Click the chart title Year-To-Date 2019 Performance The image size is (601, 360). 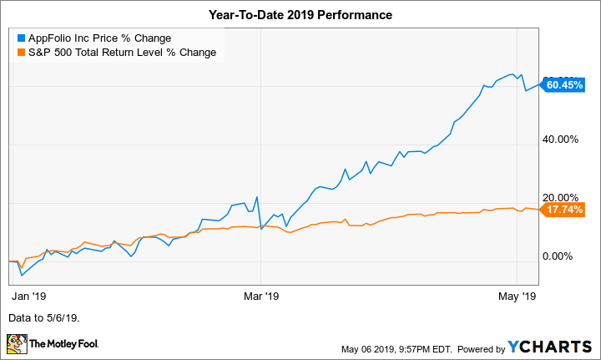point(300,15)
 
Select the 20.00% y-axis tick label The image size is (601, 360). point(561,198)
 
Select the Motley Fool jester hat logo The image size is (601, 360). point(17,343)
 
